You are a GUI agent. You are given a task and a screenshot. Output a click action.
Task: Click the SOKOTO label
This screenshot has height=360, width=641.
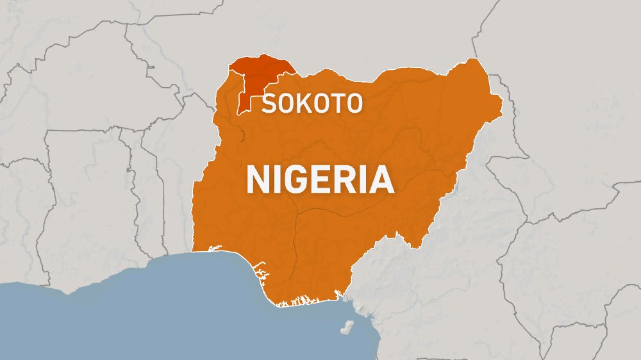(x=312, y=104)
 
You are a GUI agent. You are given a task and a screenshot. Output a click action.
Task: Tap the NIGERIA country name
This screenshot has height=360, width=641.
(x=320, y=180)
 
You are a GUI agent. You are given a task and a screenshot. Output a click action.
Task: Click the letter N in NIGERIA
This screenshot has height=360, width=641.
(x=259, y=180)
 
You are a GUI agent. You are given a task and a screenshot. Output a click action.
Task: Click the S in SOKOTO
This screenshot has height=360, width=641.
(x=268, y=104)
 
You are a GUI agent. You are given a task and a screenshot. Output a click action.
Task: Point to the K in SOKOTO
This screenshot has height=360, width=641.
(x=302, y=104)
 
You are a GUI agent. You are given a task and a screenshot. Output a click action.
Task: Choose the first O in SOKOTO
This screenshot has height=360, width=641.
(x=285, y=104)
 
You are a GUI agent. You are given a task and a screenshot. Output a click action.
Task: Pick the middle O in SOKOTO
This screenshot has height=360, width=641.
(x=319, y=104)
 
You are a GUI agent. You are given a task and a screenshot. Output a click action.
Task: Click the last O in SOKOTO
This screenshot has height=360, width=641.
(x=353, y=104)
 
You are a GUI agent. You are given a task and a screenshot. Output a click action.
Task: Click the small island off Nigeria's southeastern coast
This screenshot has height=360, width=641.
(x=347, y=328)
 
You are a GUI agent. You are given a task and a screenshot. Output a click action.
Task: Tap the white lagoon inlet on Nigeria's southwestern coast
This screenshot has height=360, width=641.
(x=214, y=249)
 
